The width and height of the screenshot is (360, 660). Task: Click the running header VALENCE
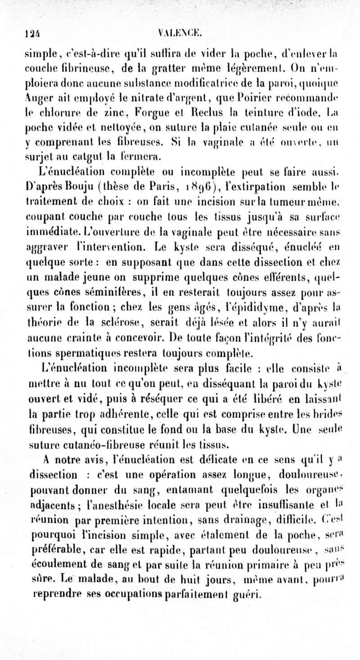pos(182,32)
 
